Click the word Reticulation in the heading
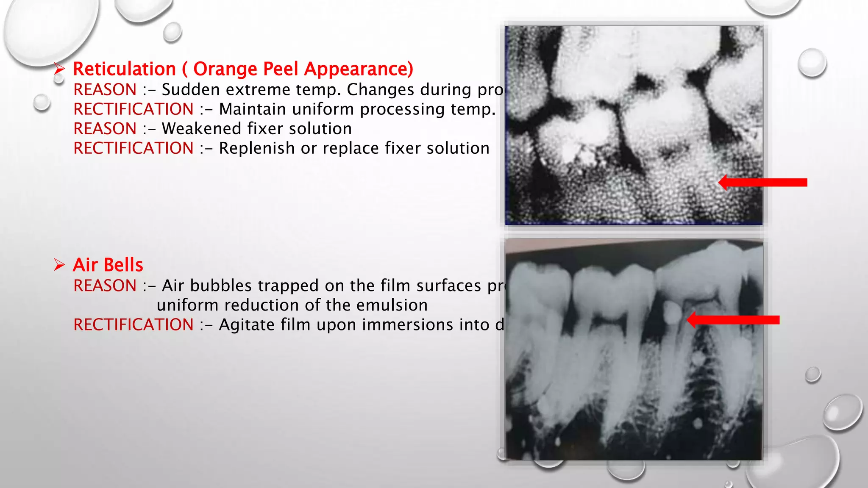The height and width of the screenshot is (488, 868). click(124, 69)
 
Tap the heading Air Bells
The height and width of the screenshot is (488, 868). click(108, 265)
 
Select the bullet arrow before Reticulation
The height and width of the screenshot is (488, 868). click(59, 69)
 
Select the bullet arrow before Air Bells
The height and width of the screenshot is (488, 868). click(59, 265)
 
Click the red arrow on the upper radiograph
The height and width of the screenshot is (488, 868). click(763, 182)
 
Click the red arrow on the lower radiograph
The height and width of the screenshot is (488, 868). click(733, 319)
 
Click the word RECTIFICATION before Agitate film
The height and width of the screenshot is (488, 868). click(134, 325)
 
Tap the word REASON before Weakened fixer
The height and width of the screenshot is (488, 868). click(105, 129)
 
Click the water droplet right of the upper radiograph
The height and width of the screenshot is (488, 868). click(812, 62)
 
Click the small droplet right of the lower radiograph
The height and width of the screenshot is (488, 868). click(812, 374)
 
